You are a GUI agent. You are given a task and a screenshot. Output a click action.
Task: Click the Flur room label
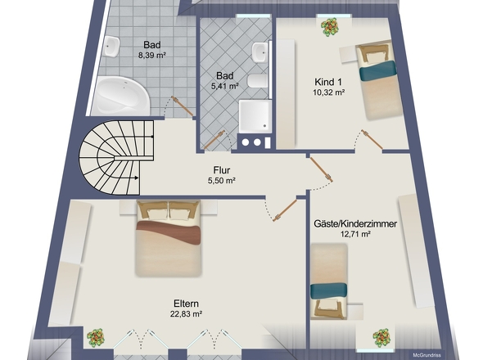(x=222, y=170)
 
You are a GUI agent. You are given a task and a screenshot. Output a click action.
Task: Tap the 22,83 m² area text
(x=186, y=314)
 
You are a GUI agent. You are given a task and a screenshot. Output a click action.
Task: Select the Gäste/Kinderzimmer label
(x=355, y=223)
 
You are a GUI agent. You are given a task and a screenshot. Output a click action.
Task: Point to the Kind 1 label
(x=328, y=82)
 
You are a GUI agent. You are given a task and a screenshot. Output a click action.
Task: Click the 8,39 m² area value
(x=152, y=56)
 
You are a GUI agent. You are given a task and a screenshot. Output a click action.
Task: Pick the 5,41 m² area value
(x=225, y=86)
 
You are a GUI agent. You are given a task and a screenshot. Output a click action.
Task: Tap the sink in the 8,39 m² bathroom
(x=111, y=47)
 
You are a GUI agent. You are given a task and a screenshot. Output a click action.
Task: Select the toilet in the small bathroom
(x=258, y=81)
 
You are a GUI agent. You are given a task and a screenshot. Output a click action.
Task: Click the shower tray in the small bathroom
(x=255, y=116)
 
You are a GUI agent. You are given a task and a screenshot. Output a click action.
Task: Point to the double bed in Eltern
(x=168, y=238)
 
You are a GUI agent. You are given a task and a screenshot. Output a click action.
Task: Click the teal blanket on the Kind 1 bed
(x=377, y=70)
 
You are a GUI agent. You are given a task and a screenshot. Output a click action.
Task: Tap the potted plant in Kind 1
(x=330, y=27)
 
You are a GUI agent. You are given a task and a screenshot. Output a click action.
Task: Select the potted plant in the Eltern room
(x=96, y=338)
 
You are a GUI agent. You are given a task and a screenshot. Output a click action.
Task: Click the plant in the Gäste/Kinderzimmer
(x=381, y=338)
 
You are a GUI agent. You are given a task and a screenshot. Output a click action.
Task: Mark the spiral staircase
(x=117, y=158)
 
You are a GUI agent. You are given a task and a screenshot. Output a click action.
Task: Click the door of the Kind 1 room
(x=372, y=140)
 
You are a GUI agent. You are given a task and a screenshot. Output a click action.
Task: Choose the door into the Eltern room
(x=285, y=210)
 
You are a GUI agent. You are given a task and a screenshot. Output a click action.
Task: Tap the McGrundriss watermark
(x=427, y=355)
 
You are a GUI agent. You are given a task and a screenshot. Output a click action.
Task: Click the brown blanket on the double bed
(x=169, y=232)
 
